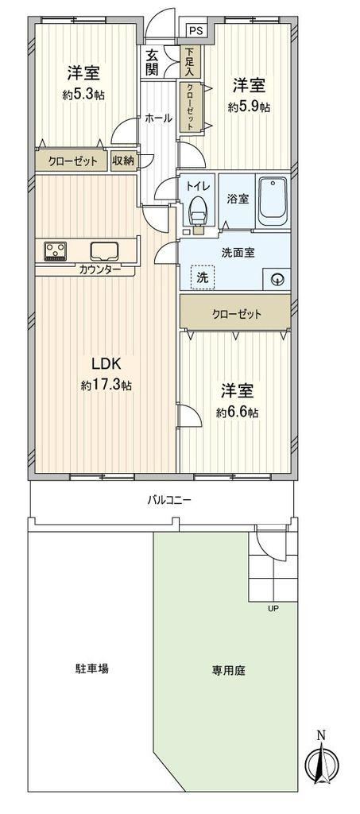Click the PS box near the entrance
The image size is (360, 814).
195,30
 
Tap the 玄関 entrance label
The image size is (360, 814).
152,62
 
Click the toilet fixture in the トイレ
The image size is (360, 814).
198,211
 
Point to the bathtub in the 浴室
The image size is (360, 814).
273,201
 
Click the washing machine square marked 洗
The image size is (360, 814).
201,277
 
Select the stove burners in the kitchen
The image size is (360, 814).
55,251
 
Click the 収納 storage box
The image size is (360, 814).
123,161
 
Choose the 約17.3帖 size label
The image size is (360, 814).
106,386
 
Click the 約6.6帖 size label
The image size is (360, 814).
238,413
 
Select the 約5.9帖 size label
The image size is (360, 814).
249,107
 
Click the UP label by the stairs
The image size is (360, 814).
273,608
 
